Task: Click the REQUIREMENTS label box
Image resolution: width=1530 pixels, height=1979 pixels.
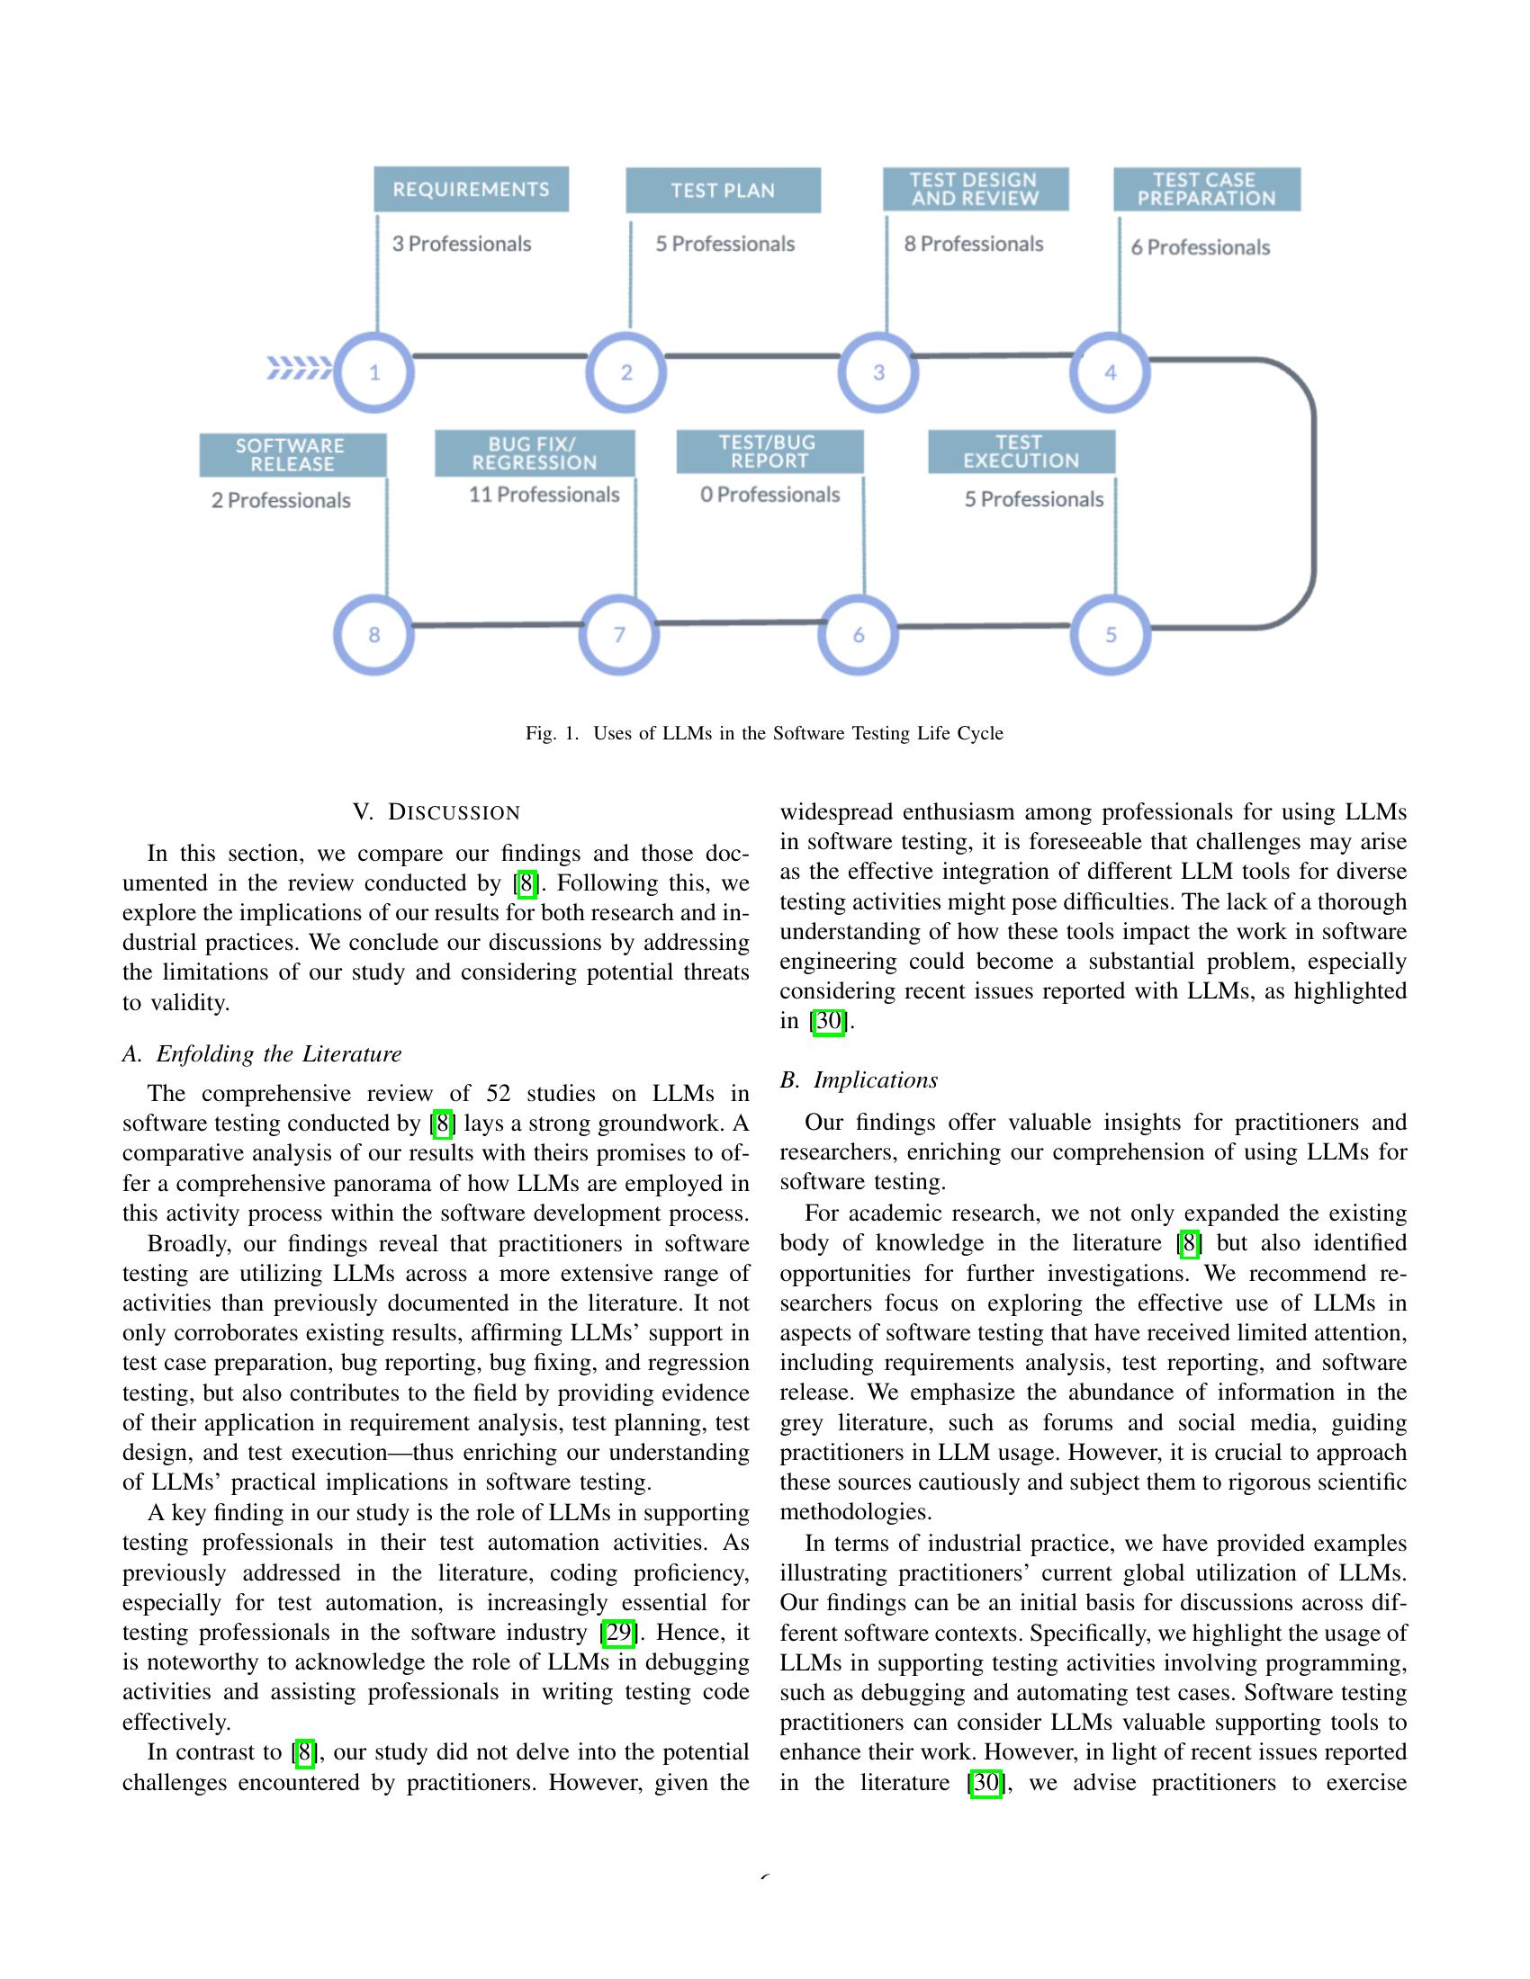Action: click(x=472, y=190)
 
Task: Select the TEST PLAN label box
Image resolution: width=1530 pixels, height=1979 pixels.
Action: click(x=724, y=191)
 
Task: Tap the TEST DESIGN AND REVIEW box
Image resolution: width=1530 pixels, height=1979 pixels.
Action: click(x=976, y=190)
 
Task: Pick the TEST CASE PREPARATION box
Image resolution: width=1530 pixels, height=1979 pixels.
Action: click(x=1206, y=190)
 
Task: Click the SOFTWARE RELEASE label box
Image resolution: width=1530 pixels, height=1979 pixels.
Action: click(x=292, y=455)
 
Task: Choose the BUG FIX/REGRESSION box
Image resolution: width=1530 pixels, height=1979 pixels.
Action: click(x=535, y=453)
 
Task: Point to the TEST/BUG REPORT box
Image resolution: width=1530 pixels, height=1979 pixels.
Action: click(x=769, y=452)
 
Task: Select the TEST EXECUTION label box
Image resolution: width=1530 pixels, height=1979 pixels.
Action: click(x=1021, y=452)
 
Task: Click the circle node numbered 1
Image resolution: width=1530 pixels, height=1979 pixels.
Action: click(x=374, y=372)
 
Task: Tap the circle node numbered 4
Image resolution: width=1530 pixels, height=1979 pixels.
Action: click(x=1111, y=372)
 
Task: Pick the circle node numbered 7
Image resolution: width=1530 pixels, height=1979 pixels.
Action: click(x=619, y=634)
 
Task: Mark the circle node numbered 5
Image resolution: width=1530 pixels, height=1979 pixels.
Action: click(x=1111, y=634)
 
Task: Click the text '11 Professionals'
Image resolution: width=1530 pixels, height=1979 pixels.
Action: click(x=544, y=495)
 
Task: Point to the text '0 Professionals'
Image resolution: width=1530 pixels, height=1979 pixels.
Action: click(x=769, y=495)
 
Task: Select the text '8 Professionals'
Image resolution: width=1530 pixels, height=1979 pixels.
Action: click(x=974, y=244)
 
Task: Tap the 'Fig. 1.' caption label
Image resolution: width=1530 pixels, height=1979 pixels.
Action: click(x=551, y=733)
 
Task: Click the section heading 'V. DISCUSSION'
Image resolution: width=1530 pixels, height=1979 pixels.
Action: click(x=436, y=812)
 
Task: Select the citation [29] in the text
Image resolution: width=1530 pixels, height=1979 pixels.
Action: click(x=618, y=1633)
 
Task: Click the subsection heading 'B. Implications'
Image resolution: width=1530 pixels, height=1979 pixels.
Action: click(x=859, y=1080)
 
